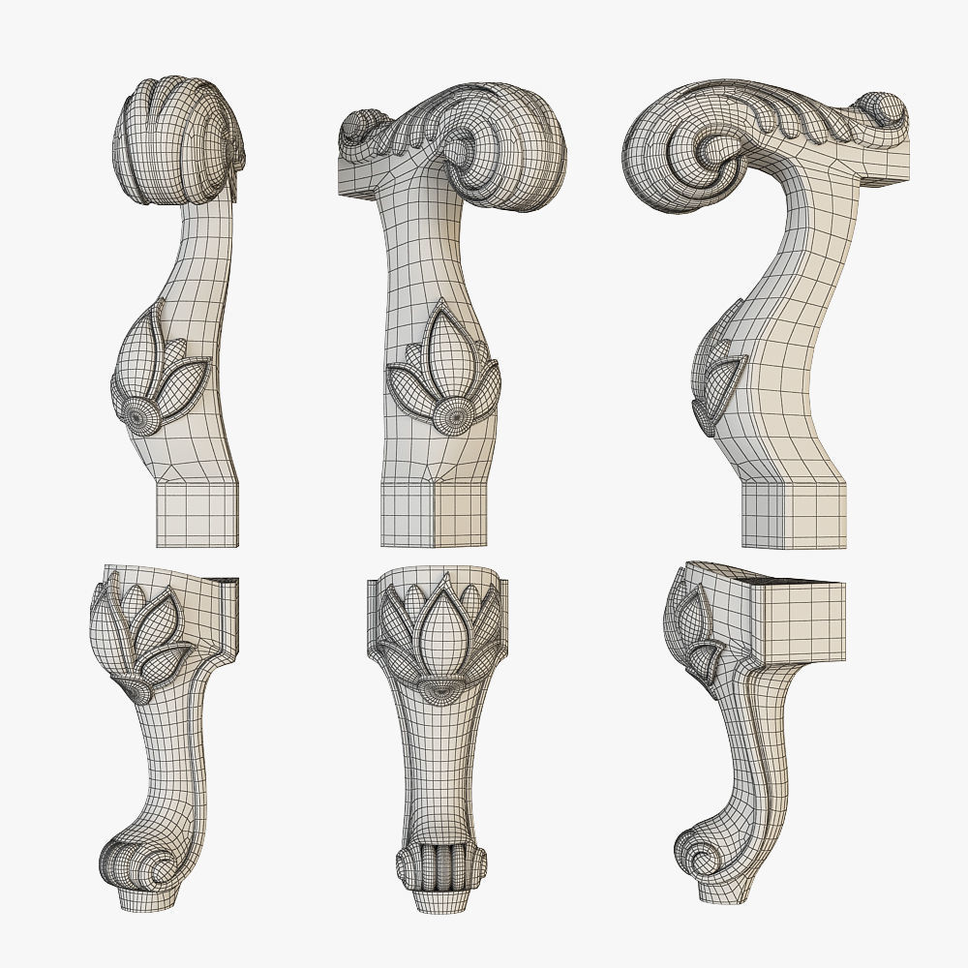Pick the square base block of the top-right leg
pyautogui.click(x=794, y=515)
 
